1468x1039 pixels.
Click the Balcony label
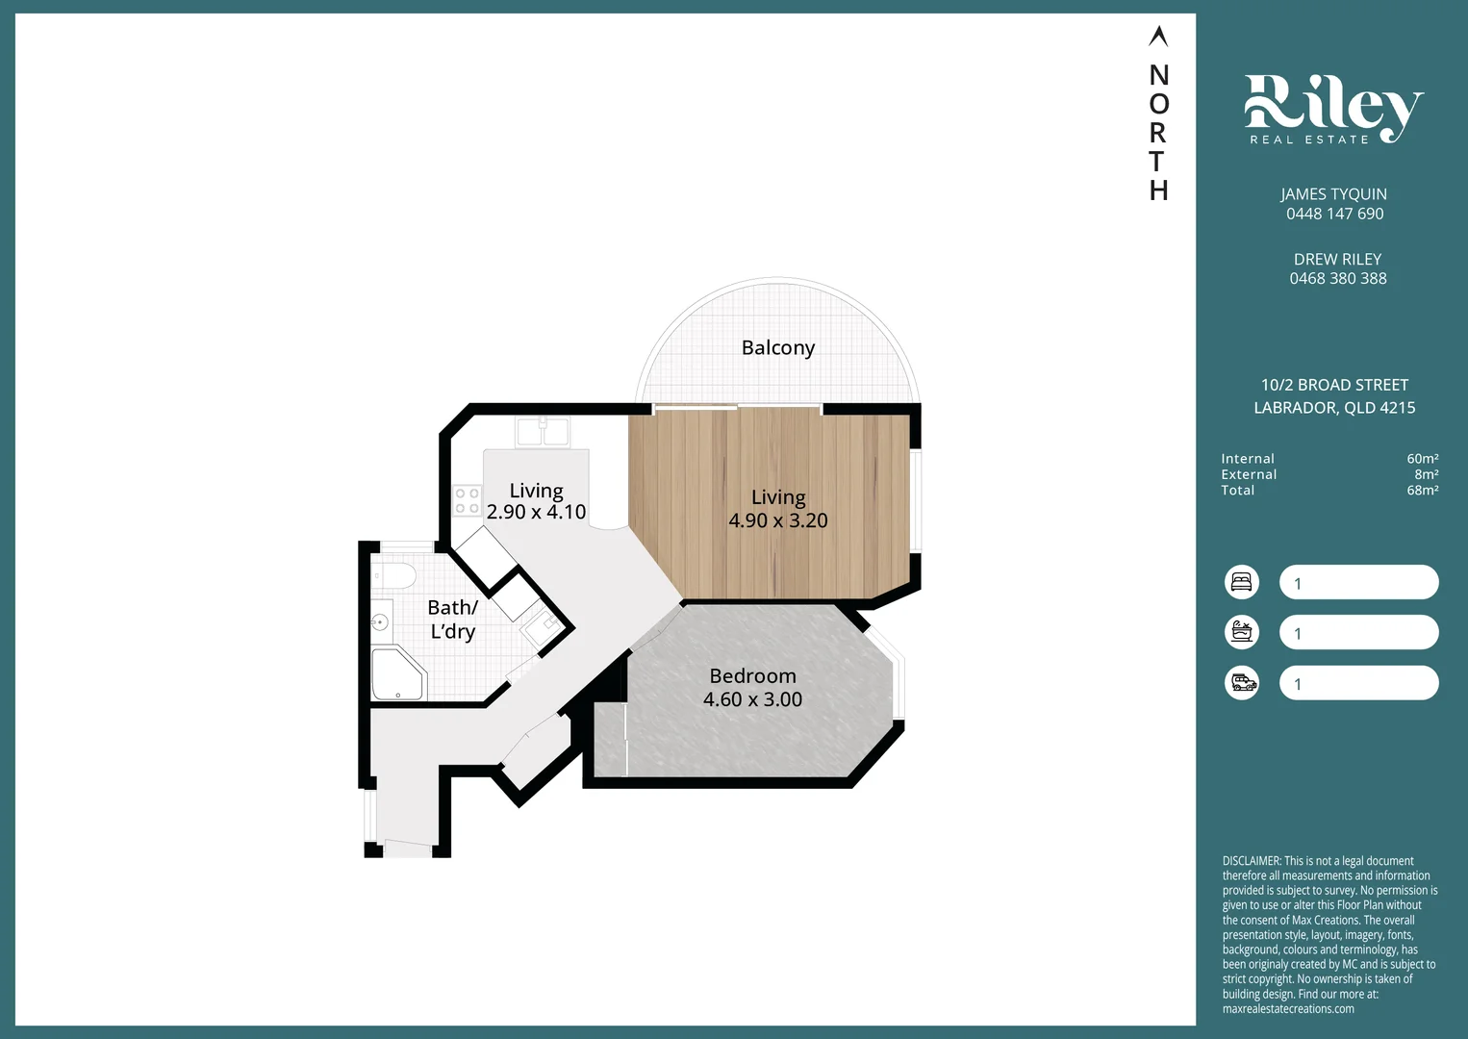click(778, 348)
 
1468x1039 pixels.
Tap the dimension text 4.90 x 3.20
click(778, 520)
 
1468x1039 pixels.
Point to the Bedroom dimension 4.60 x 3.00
click(752, 699)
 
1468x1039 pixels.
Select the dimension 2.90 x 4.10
click(536, 512)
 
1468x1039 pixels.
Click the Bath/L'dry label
click(452, 620)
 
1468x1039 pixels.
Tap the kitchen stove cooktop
click(468, 500)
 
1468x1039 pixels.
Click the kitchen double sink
click(543, 432)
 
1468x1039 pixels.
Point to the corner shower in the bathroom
click(398, 673)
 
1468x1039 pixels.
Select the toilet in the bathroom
click(393, 577)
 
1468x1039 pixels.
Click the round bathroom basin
click(380, 621)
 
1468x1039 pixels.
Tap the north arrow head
click(1158, 36)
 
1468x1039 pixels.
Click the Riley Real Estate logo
click(1333, 109)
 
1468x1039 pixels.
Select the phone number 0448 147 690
click(1334, 214)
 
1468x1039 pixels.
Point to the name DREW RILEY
click(1337, 259)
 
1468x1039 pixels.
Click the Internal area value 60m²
click(1422, 459)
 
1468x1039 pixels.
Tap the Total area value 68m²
click(1422, 491)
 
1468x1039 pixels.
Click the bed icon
click(1242, 582)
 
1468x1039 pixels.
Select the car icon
click(1242, 683)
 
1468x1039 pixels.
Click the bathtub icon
click(1242, 633)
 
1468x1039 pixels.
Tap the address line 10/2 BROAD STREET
click(1334, 385)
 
